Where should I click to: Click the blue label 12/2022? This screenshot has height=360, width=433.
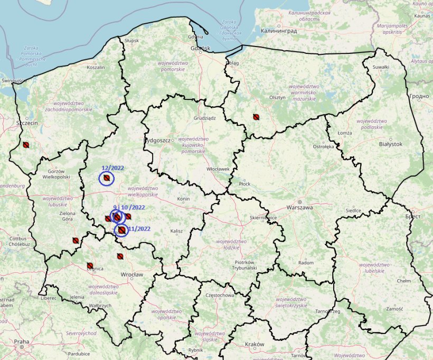(112, 168)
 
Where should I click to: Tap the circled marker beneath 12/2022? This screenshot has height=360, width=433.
(107, 179)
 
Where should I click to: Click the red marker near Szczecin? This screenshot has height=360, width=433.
(25, 144)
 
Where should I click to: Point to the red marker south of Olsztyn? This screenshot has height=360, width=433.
(256, 117)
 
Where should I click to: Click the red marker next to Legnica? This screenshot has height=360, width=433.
(90, 265)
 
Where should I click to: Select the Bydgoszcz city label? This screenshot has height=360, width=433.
(157, 141)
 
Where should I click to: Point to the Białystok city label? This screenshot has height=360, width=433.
(391, 144)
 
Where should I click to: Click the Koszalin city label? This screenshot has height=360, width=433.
(96, 68)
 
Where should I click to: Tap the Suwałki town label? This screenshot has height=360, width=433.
(381, 67)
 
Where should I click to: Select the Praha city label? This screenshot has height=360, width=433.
(22, 341)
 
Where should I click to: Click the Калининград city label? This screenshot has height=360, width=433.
(278, 31)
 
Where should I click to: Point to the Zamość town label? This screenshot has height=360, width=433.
(394, 309)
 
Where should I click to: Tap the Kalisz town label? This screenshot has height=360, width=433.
(176, 232)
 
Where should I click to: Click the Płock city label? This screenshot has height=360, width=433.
(244, 183)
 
